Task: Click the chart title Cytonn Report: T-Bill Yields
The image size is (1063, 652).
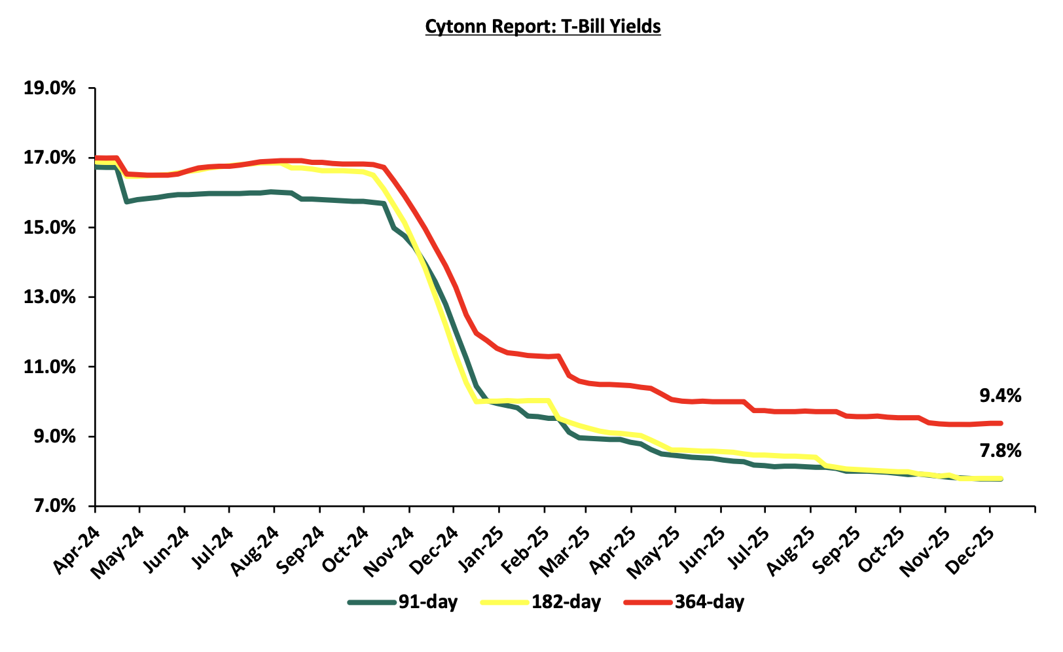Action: [x=543, y=26]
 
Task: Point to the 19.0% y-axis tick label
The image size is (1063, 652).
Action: [x=50, y=88]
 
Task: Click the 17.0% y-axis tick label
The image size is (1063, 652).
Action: [x=50, y=158]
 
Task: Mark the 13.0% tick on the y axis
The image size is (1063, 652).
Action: [x=50, y=297]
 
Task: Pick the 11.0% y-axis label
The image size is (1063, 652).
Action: [x=50, y=367]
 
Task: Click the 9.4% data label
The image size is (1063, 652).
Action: [x=1000, y=395]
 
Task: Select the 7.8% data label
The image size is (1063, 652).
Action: [x=1000, y=450]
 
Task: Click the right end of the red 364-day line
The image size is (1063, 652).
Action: [x=1001, y=423]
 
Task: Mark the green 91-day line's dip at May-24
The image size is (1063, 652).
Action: [x=126, y=201]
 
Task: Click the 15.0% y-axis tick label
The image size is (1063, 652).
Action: [x=50, y=228]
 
